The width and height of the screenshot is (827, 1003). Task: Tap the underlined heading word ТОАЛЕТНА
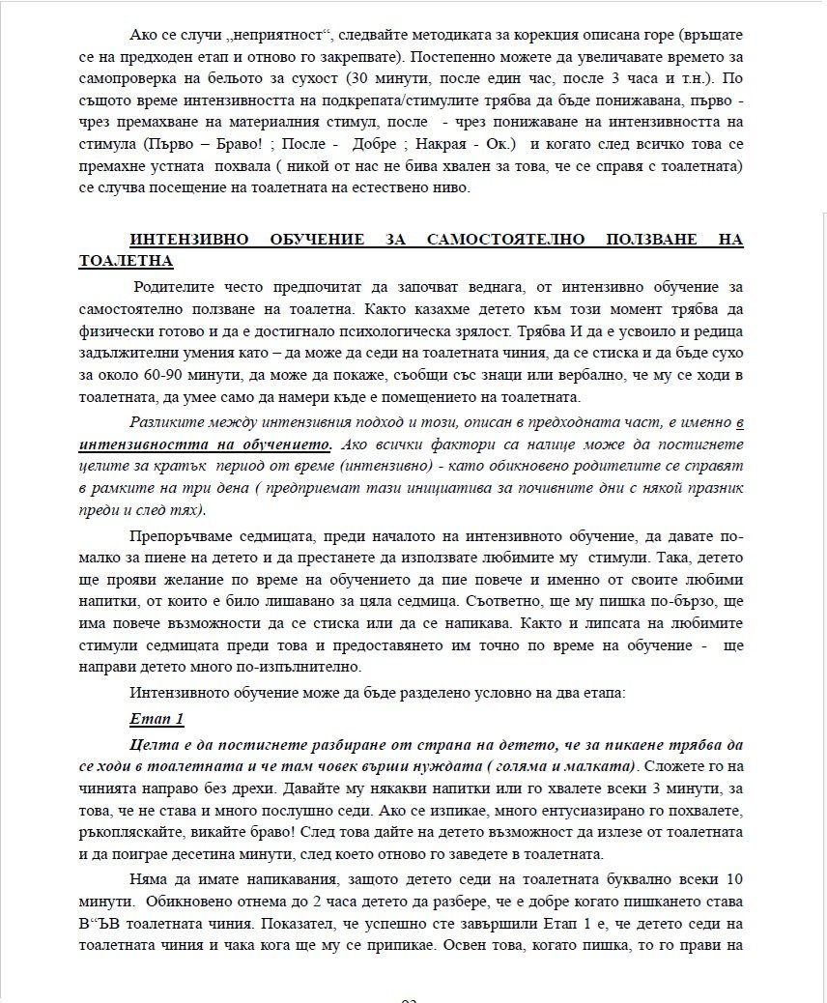click(125, 260)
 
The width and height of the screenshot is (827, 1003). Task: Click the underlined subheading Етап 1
click(156, 719)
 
